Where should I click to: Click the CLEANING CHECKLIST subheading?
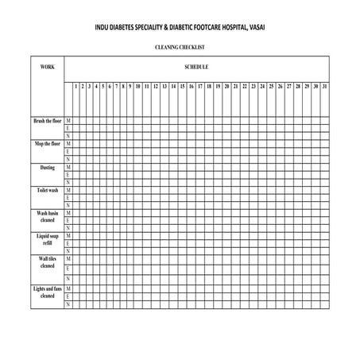pyautogui.click(x=180, y=48)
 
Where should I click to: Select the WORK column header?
pyautogui.click(x=47, y=67)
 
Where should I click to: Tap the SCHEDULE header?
pyautogui.click(x=196, y=67)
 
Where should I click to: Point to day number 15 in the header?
pyautogui.click(x=182, y=85)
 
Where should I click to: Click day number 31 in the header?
pyautogui.click(x=324, y=85)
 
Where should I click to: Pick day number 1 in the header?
pyautogui.click(x=75, y=85)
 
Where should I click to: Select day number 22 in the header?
pyautogui.click(x=245, y=85)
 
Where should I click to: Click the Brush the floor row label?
pyautogui.click(x=47, y=121)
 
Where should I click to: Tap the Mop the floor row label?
pyautogui.click(x=47, y=144)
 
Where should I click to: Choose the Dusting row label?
pyautogui.click(x=47, y=168)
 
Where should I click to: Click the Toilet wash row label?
pyautogui.click(x=47, y=191)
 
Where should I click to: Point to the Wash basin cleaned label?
pyautogui.click(x=47, y=217)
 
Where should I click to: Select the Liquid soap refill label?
pyautogui.click(x=47, y=240)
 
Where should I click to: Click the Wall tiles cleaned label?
pyautogui.click(x=47, y=263)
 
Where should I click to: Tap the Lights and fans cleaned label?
pyautogui.click(x=47, y=292)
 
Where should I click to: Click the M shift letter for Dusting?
pyautogui.click(x=68, y=168)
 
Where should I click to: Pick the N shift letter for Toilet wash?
pyautogui.click(x=68, y=206)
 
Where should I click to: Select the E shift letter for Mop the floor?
pyautogui.click(x=68, y=151)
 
